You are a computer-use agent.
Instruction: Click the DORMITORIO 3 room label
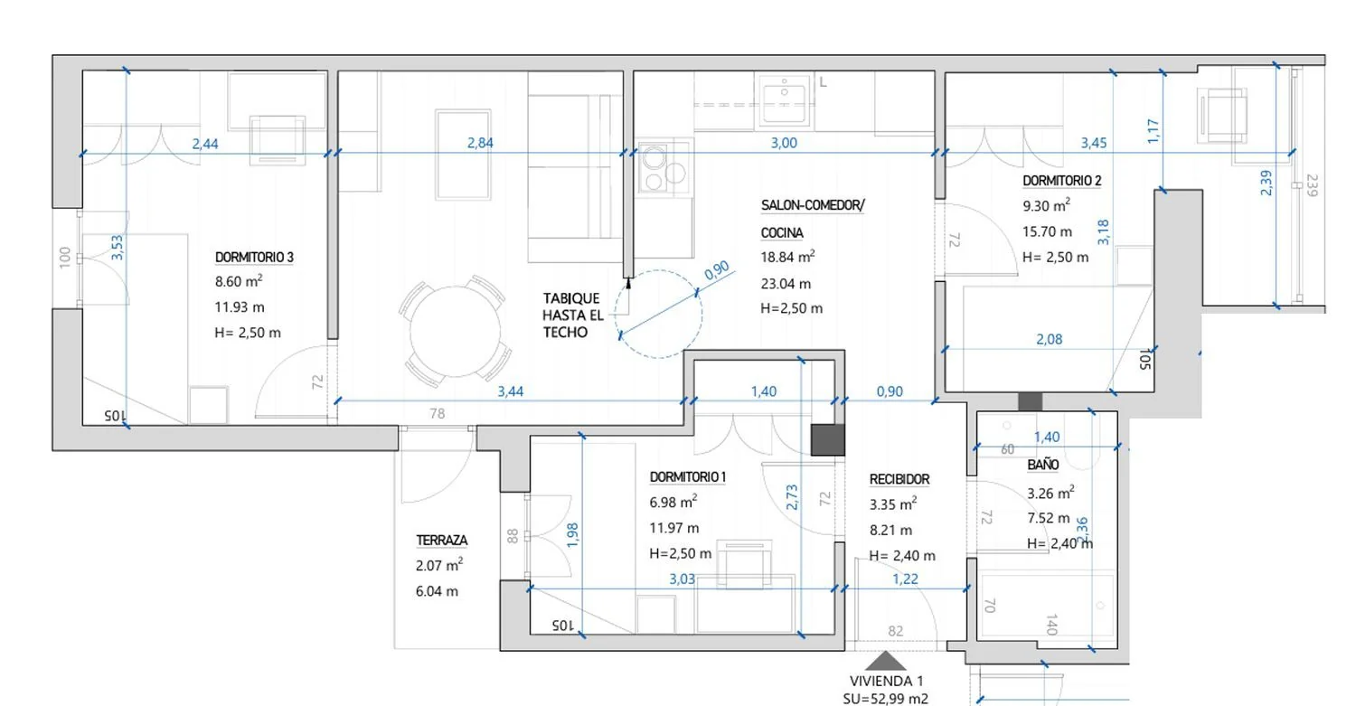click(x=254, y=258)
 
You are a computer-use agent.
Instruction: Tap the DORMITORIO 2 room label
click(x=1062, y=181)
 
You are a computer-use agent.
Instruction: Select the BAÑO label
click(x=1043, y=465)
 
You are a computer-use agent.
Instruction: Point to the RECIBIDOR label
click(x=899, y=479)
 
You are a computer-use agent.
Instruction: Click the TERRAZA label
click(x=442, y=540)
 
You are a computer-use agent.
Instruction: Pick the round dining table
click(x=456, y=331)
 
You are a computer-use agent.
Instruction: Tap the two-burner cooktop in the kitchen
click(x=664, y=167)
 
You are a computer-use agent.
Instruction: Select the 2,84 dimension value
click(x=480, y=143)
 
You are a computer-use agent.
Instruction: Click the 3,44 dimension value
click(x=511, y=391)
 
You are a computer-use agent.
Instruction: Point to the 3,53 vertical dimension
click(x=118, y=248)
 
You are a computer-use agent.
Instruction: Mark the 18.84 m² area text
click(x=787, y=257)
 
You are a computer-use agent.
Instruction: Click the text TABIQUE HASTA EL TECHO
click(x=572, y=315)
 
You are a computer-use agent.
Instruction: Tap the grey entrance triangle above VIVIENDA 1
click(x=886, y=661)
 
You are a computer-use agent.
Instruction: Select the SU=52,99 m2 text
click(x=886, y=699)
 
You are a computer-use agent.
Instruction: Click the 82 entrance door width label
click(x=896, y=631)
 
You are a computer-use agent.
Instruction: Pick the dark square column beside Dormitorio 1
click(x=827, y=439)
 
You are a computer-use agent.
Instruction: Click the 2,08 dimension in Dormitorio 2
click(x=1049, y=339)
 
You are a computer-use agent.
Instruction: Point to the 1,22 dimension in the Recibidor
click(x=905, y=579)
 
